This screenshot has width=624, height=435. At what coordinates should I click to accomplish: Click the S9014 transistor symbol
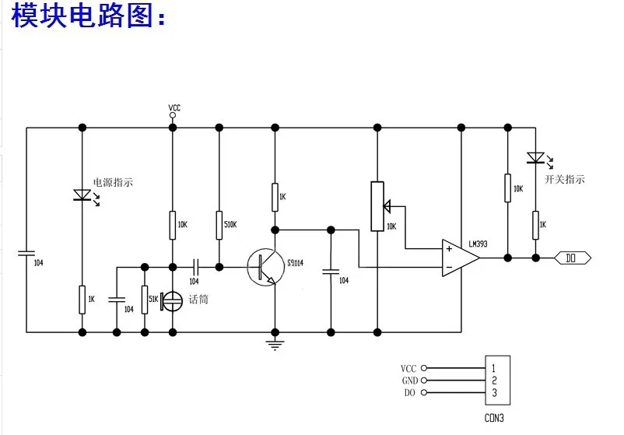(x=265, y=266)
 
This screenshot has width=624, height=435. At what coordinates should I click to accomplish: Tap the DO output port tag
(x=575, y=257)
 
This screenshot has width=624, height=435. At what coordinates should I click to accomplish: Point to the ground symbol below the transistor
(x=274, y=342)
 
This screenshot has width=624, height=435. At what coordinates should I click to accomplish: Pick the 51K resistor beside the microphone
(x=144, y=299)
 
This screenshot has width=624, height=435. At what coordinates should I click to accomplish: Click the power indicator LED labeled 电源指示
(x=82, y=195)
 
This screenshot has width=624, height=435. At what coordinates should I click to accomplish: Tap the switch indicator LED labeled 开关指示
(x=535, y=158)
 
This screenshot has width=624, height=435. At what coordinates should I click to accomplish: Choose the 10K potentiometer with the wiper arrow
(x=377, y=206)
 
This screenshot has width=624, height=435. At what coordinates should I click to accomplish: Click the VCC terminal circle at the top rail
(x=173, y=115)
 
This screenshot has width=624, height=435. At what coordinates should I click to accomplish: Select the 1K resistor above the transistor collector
(x=274, y=198)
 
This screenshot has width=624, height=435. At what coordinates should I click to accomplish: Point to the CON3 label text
(x=494, y=417)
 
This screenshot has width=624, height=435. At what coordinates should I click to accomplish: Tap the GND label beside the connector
(x=409, y=381)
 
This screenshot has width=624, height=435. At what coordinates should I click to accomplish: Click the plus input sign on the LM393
(x=449, y=250)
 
